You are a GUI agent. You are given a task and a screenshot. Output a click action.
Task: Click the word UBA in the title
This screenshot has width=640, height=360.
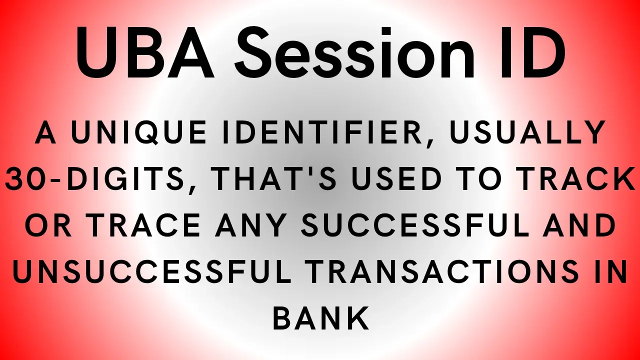point(145,52)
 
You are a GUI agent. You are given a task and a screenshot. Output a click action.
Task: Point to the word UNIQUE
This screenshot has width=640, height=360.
point(139,133)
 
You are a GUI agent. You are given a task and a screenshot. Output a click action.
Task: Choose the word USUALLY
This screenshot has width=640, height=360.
point(527,132)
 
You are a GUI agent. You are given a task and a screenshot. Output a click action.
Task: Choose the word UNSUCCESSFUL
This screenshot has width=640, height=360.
point(152,271)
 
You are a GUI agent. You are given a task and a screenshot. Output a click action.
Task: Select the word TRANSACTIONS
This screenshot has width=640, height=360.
point(441,271)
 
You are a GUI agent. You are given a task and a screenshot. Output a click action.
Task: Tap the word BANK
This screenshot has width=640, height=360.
point(320,318)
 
